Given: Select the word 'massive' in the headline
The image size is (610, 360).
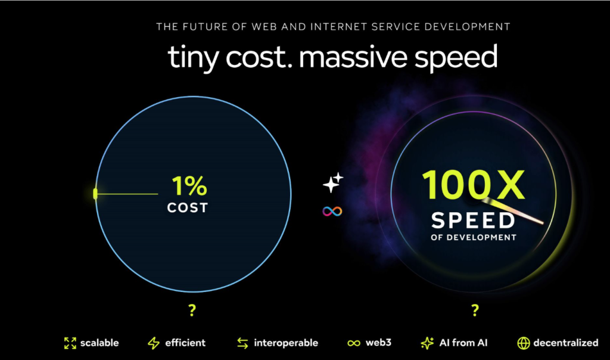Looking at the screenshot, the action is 353,57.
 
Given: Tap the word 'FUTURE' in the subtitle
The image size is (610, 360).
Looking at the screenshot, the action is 205,27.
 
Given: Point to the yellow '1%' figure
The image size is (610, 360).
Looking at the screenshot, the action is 189,185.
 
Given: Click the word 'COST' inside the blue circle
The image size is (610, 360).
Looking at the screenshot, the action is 188,208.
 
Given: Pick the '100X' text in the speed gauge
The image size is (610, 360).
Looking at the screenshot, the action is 474,185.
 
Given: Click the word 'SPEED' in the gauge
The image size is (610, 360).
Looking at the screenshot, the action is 473,221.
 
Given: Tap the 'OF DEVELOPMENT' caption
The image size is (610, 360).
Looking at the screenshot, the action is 474,237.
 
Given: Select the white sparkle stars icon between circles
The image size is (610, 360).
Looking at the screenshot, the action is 333,182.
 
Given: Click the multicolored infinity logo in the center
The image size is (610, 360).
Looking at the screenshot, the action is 332,212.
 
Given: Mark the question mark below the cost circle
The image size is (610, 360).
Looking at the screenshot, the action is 192,310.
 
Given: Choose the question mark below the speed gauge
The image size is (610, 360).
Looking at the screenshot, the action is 475,310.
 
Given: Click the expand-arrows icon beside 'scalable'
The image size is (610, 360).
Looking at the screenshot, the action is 70,343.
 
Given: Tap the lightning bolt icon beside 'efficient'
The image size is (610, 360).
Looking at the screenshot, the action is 154,343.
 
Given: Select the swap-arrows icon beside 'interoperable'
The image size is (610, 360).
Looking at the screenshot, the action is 243,343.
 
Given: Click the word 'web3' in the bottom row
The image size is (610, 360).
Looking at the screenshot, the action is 378,343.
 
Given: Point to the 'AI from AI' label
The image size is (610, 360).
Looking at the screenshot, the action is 463,343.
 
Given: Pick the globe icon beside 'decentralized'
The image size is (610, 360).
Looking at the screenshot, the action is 524,343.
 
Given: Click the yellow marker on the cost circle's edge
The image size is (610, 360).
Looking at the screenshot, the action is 95,194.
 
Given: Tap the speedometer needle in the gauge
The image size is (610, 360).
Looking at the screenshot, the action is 513,212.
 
